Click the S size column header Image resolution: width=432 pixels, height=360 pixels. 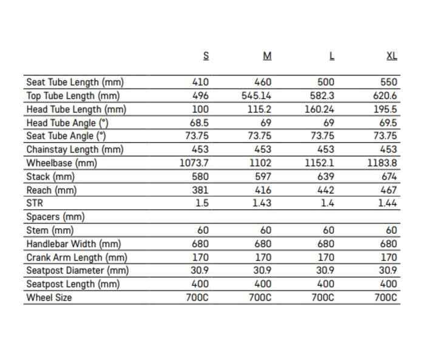pos(206,56)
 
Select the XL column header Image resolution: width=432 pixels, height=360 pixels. pos(392,56)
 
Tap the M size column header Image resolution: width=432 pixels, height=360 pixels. pos(267,56)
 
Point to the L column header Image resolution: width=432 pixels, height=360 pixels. pos(331,56)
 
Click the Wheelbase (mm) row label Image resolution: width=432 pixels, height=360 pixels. pos(62,163)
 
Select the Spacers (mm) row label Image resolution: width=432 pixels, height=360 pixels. pos(55,217)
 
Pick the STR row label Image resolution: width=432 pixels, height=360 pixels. pos(35,203)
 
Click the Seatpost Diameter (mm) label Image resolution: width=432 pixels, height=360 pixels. pos(77,271)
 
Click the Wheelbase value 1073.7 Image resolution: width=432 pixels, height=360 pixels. pos(194,163)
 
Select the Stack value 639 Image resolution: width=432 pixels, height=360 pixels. pos(326,177)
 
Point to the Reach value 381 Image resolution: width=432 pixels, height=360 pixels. pos(200,190)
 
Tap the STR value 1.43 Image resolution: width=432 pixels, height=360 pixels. pos(262,203)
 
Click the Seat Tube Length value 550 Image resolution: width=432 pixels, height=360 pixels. pos(388,83)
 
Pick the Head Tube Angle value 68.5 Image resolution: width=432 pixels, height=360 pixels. pos(198,123)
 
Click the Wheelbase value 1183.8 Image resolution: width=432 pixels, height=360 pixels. pos(382,163)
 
